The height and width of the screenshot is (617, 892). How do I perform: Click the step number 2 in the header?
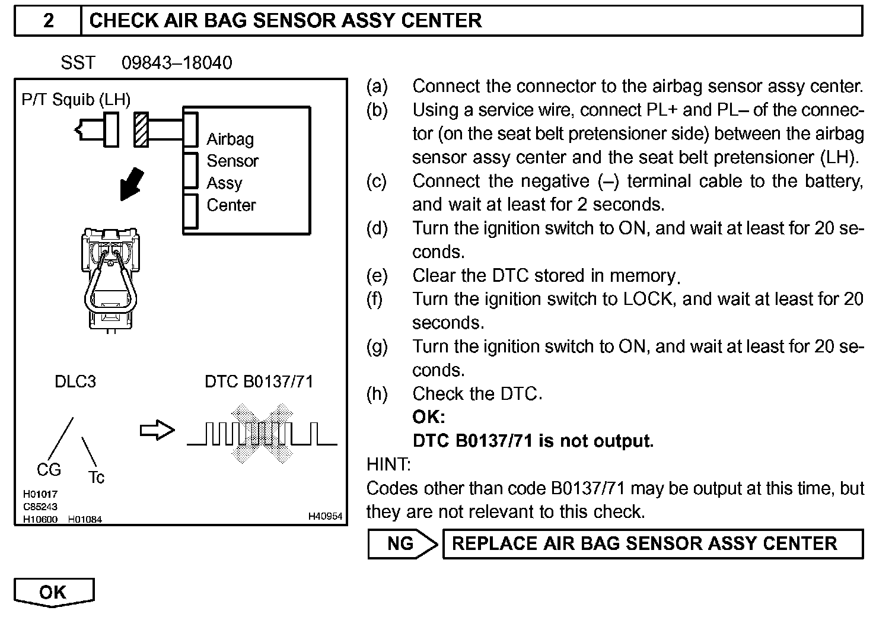[x=48, y=21]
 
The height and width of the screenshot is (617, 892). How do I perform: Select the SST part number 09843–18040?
[x=177, y=63]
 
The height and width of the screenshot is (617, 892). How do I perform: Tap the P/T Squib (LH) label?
[x=76, y=99]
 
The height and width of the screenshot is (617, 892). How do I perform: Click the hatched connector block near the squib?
[x=141, y=129]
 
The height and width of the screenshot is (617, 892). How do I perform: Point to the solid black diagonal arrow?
[x=131, y=183]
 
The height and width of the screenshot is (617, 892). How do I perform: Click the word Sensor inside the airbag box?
[x=232, y=161]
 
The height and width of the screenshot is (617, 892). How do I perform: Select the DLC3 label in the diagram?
[x=75, y=381]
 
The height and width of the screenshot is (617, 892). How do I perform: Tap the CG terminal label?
[x=49, y=470]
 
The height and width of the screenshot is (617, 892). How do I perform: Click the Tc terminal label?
[x=96, y=477]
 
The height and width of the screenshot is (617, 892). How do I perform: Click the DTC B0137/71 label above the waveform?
[x=259, y=381]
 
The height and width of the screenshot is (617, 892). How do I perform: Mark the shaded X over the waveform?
[x=262, y=434]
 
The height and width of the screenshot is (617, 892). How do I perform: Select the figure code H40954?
[x=325, y=516]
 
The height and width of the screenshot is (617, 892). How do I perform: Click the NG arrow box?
[x=402, y=543]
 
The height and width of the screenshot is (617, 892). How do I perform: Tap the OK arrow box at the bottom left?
[x=53, y=592]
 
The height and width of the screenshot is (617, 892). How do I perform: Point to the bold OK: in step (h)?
[x=428, y=417]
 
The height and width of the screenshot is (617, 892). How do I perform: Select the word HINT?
[x=388, y=465]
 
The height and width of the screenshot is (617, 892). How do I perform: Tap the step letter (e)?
[x=377, y=275]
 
